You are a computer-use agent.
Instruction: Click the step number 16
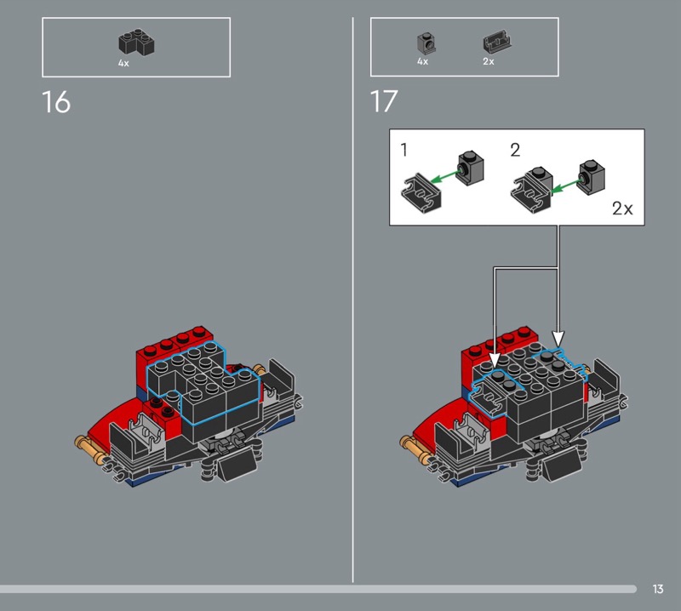pyautogui.click(x=56, y=102)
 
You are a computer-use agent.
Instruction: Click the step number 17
pyautogui.click(x=384, y=101)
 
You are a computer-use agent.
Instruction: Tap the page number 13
pyautogui.click(x=657, y=589)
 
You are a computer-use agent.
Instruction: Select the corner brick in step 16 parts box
pyautogui.click(x=137, y=42)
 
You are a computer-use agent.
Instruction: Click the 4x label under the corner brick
pyautogui.click(x=123, y=64)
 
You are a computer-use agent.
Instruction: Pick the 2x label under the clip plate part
pyautogui.click(x=489, y=61)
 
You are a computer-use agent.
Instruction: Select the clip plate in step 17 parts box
pyautogui.click(x=497, y=43)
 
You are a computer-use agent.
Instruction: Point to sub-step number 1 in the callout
pyautogui.click(x=404, y=150)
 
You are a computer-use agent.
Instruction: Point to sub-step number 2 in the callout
pyautogui.click(x=515, y=150)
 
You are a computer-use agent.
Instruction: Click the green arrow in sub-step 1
pyautogui.click(x=444, y=176)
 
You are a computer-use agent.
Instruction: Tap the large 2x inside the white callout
pyautogui.click(x=622, y=208)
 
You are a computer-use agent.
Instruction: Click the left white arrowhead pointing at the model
pyautogui.click(x=495, y=360)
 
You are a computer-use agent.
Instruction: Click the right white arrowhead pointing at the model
pyautogui.click(x=558, y=339)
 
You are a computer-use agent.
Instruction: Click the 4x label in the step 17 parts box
pyautogui.click(x=422, y=61)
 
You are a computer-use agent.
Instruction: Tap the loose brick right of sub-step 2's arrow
pyautogui.click(x=591, y=177)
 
